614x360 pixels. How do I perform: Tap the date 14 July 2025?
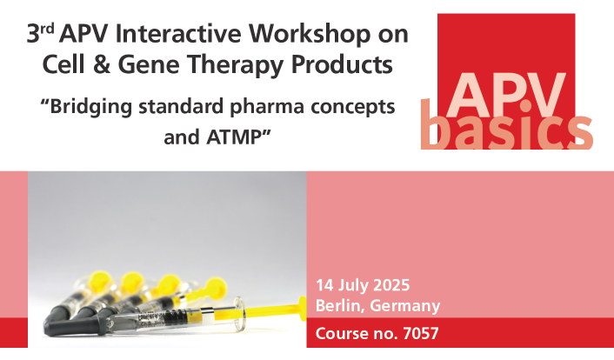tap(363, 285)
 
